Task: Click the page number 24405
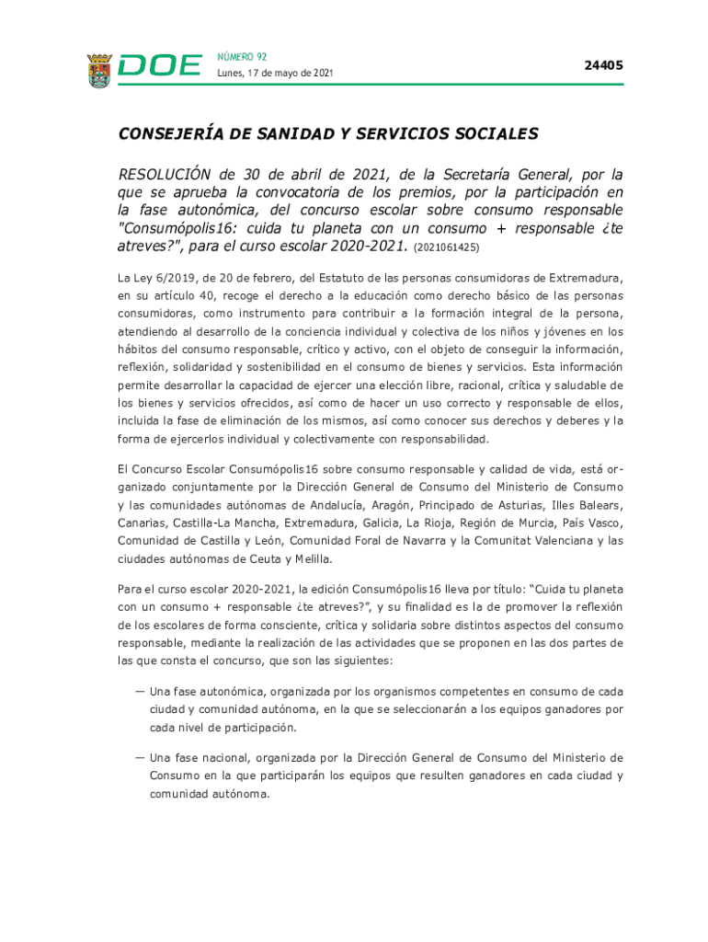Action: click(604, 65)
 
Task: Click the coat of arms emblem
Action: click(99, 70)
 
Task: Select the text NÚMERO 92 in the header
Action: click(242, 57)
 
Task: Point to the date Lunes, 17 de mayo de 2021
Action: click(275, 74)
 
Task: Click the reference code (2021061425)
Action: click(447, 247)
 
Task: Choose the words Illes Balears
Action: click(586, 505)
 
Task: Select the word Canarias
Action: click(143, 523)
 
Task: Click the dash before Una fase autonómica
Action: click(140, 690)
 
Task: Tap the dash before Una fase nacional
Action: click(140, 757)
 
